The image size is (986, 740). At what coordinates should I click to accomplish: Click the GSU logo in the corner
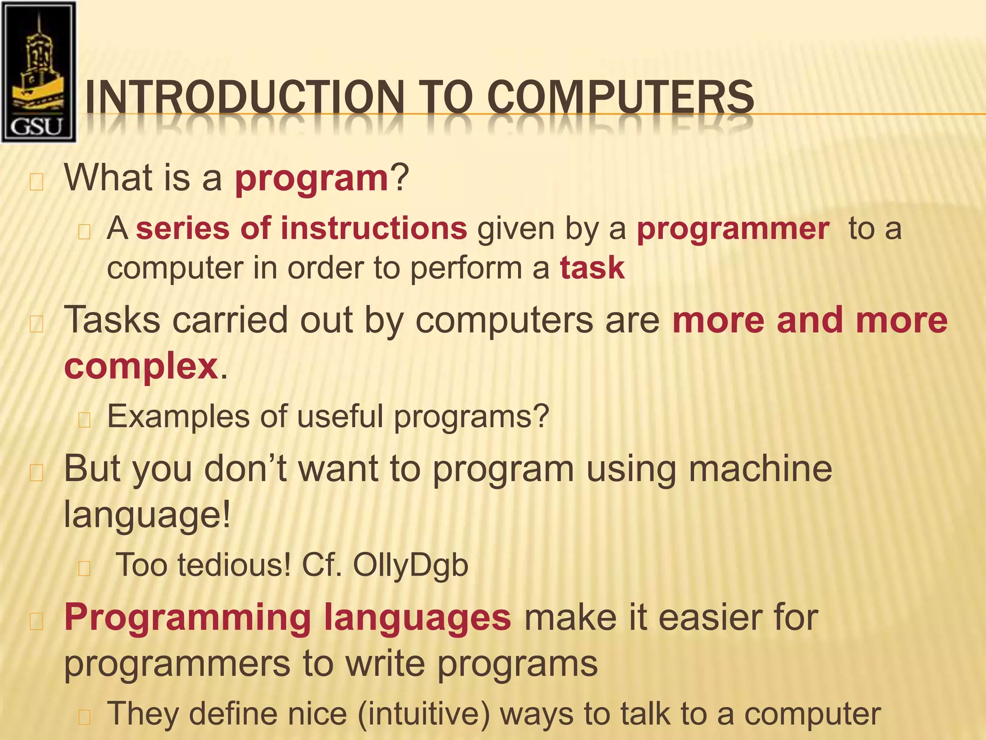coord(39,72)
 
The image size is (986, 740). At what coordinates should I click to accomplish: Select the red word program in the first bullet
coord(311,178)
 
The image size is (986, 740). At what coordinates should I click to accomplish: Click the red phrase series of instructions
coord(301,228)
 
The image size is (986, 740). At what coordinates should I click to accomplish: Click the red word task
coord(592,268)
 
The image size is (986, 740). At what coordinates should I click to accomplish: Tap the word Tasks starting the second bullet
coord(112,320)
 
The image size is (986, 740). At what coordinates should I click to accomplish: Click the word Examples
coord(178,417)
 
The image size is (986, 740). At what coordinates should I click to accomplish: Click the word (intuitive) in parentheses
coord(423,714)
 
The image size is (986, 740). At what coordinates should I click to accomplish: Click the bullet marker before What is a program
coord(37,183)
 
